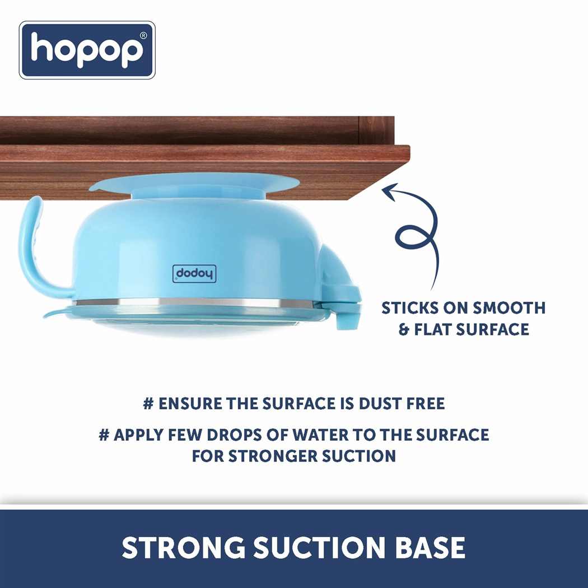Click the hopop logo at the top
[87, 50]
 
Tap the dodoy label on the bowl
[194, 273]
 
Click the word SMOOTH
[509, 308]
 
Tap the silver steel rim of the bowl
[196, 304]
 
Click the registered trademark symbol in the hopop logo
[143, 35]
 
